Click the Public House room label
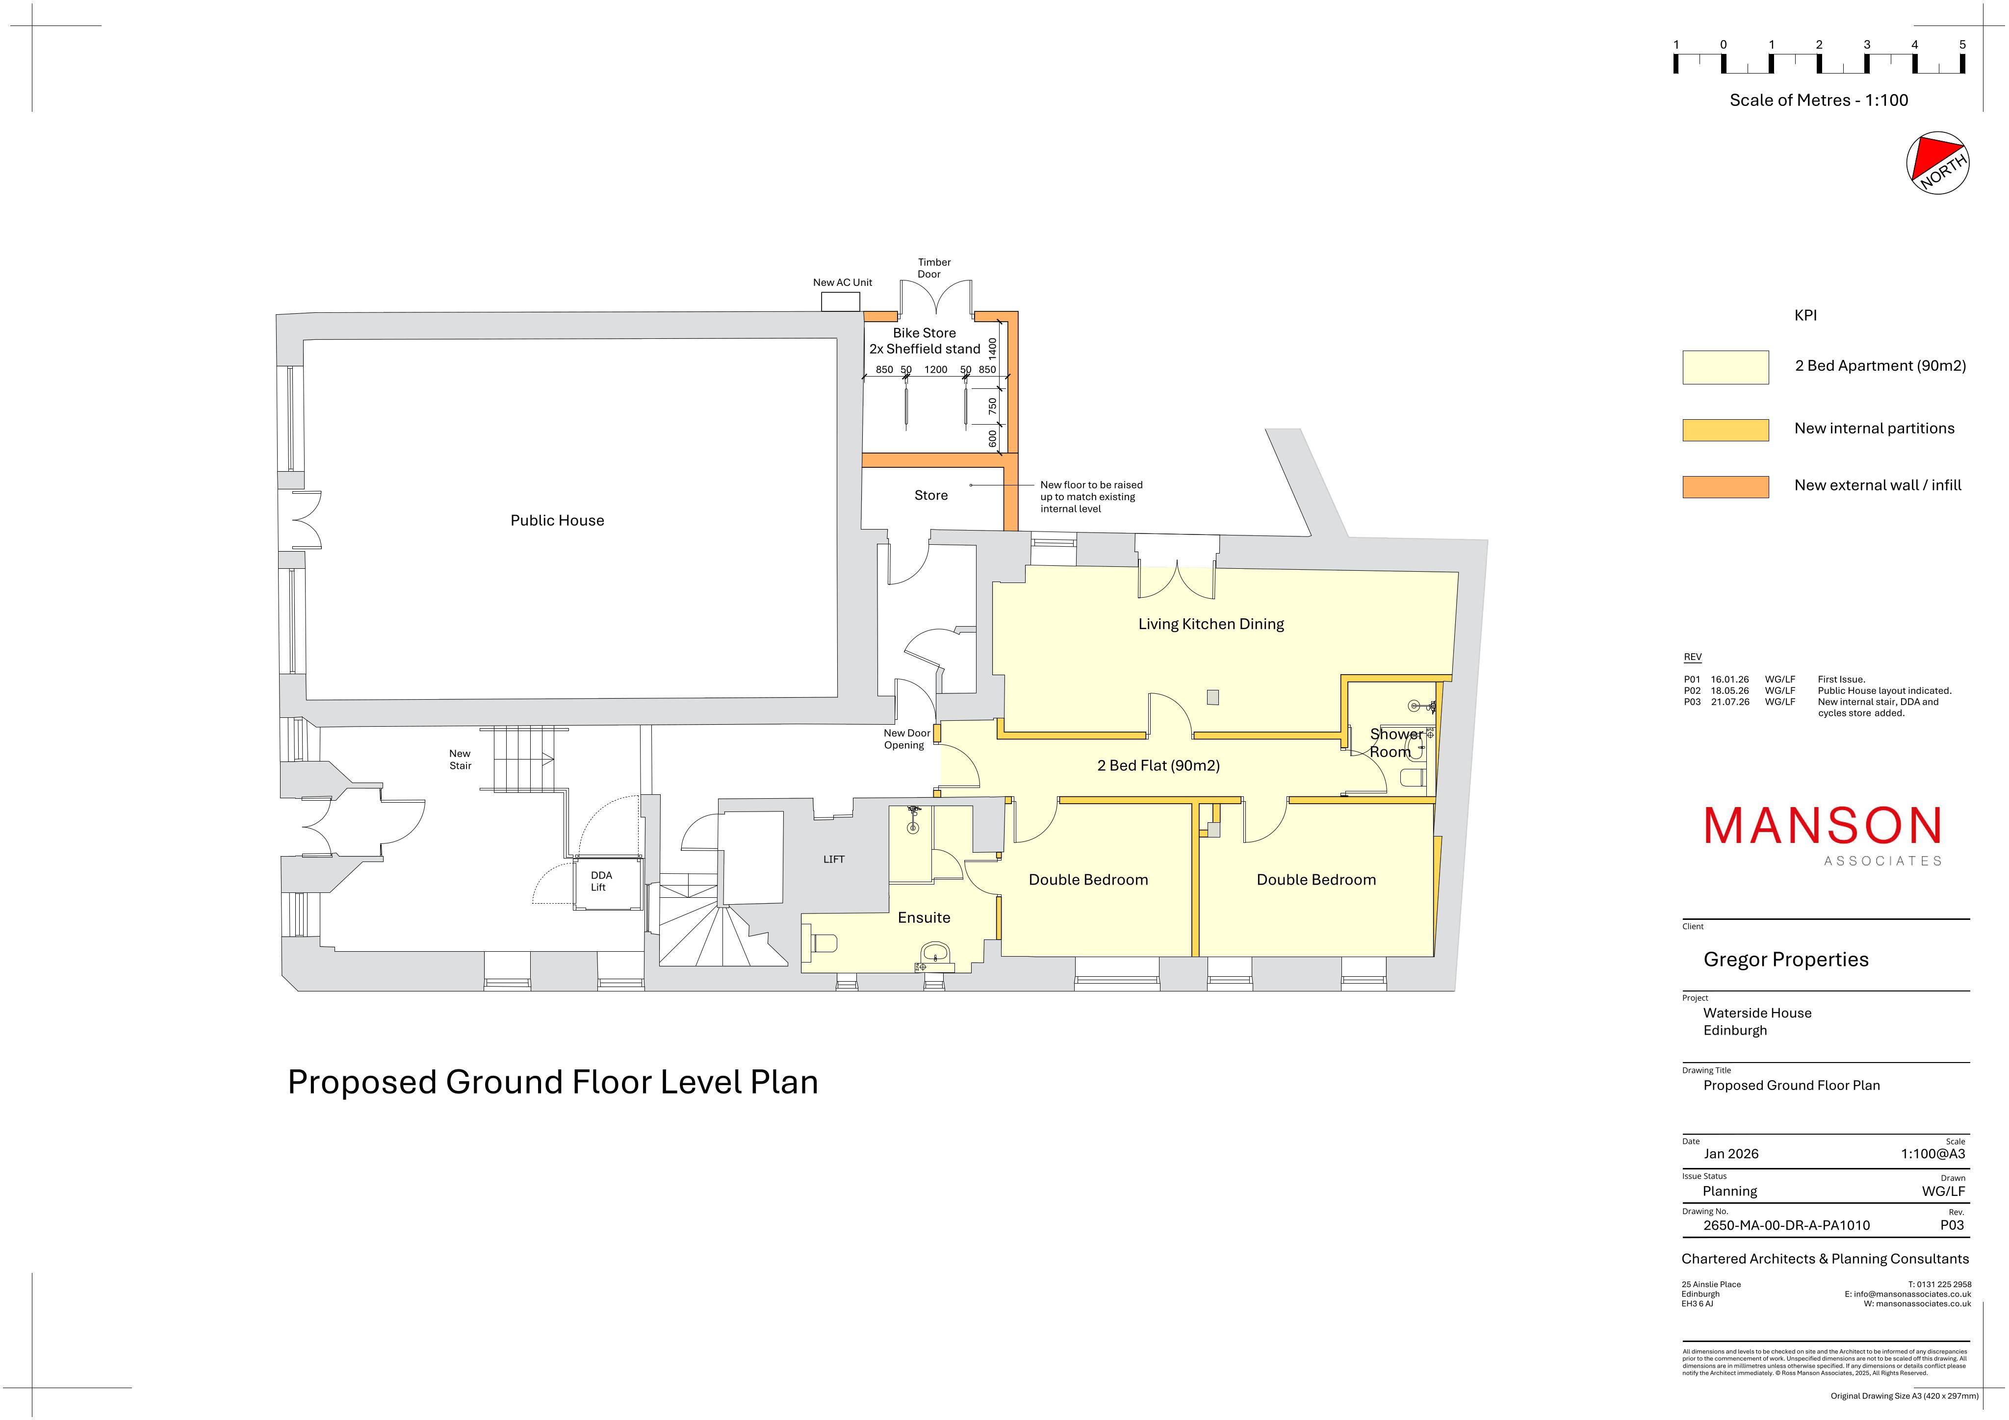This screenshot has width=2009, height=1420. [x=557, y=521]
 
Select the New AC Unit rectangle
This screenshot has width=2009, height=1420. [x=841, y=301]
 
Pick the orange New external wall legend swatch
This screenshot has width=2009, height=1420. [x=1725, y=486]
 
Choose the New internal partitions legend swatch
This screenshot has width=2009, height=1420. [x=1725, y=430]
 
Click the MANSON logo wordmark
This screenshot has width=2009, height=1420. [x=1823, y=826]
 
